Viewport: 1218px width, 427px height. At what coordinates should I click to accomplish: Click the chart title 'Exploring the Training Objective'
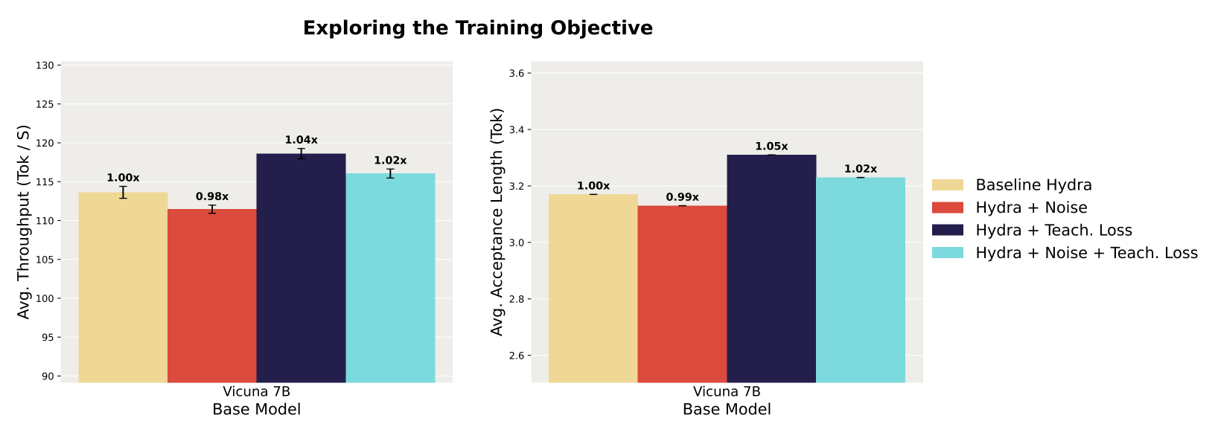[477, 28]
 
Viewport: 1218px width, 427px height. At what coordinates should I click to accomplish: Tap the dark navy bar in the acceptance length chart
[771, 269]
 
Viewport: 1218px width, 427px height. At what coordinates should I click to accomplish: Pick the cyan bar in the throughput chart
[390, 278]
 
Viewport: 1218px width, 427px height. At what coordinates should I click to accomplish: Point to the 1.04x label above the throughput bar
[301, 140]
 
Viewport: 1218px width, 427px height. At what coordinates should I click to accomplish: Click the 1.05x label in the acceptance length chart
[771, 147]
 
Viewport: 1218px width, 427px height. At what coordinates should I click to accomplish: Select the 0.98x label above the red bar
[212, 196]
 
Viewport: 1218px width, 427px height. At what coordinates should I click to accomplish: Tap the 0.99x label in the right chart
[682, 197]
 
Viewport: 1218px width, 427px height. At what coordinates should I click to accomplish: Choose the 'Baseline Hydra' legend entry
[1033, 185]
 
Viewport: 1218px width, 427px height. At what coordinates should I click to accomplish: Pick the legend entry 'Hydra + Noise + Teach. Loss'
[1086, 253]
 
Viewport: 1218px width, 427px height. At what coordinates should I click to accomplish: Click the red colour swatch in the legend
[948, 208]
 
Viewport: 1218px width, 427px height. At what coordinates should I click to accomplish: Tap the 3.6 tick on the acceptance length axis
[516, 73]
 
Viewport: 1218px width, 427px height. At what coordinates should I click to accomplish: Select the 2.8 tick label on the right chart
[516, 299]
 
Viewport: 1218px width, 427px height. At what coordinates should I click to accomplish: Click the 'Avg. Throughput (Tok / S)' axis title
[24, 222]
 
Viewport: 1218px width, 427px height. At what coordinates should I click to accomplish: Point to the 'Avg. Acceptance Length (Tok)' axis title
[497, 222]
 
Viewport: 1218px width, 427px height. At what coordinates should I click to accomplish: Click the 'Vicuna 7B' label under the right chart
[727, 392]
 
